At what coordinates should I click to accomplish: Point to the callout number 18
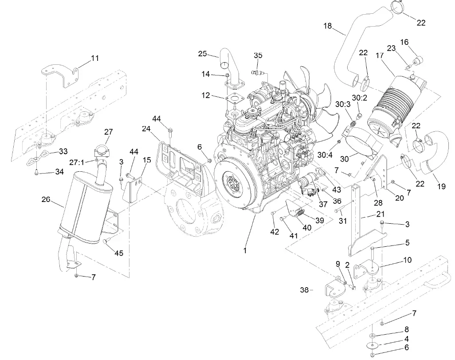328,26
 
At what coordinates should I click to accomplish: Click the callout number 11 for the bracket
95,58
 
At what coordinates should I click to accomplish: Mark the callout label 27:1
77,162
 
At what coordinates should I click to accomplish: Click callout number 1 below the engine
244,250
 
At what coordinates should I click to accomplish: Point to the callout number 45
119,253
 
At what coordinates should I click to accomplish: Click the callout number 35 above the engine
258,55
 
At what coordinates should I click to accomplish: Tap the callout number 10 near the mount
407,260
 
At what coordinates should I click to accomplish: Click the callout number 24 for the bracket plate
147,129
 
